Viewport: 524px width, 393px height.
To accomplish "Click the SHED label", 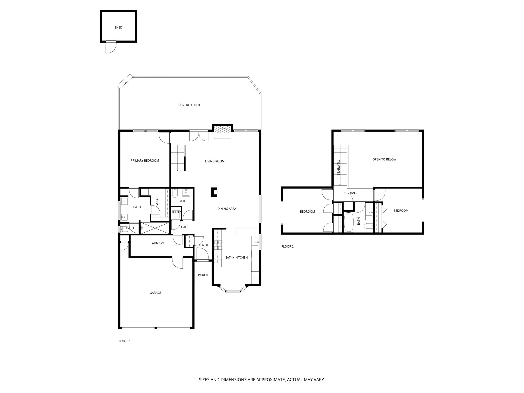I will [118, 27].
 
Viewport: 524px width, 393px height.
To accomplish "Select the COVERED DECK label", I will [189, 105].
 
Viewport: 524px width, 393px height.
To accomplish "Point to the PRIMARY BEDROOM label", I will [145, 161].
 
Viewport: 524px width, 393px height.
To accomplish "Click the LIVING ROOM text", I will [215, 161].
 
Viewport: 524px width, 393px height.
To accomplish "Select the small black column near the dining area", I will [214, 192].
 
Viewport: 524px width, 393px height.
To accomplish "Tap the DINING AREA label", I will [227, 209].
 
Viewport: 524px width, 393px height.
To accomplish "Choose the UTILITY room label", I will [176, 212].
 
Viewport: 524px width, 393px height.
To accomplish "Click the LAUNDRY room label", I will [157, 243].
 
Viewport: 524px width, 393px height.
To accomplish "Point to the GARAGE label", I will [156, 293].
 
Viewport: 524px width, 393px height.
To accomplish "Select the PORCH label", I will [203, 275].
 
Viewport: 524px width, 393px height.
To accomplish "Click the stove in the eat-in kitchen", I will [218, 245].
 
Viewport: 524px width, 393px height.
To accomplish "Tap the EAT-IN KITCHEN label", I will [236, 257].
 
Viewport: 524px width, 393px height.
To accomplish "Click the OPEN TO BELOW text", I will [384, 159].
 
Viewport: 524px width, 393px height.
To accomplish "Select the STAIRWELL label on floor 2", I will [339, 167].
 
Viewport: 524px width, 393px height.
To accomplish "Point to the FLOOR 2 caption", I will [288, 247].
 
